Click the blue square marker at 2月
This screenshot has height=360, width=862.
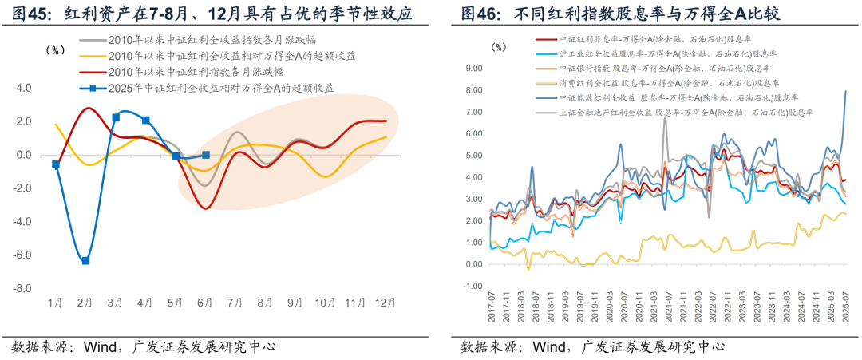click(x=85, y=260)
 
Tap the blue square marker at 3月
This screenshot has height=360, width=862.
click(x=116, y=117)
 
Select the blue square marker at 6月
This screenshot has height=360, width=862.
click(x=206, y=155)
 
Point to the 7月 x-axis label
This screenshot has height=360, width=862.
click(x=235, y=303)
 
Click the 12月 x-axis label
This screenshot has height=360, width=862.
click(x=386, y=303)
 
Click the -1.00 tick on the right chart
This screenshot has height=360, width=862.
click(x=472, y=285)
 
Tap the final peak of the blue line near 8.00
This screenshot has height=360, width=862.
click(x=846, y=91)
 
